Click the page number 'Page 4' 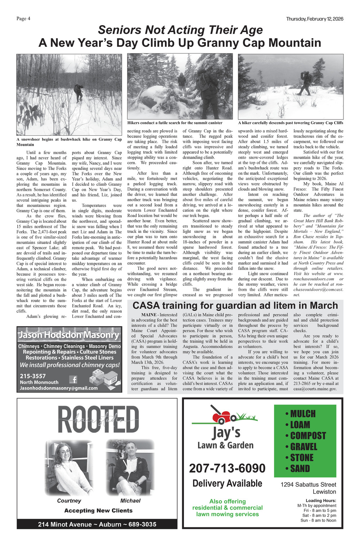tap(23, 19)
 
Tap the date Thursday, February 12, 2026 tap(314, 19)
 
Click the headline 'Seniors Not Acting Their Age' tap(180, 30)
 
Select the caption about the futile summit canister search tap(175, 123)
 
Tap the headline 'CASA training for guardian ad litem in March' tap(235, 306)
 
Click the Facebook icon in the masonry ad tap(73, 379)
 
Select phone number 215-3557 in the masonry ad tap(33, 376)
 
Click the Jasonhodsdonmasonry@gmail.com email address tap(59, 388)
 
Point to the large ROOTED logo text tap(98, 420)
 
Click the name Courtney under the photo tap(69, 501)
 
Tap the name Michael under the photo tap(130, 501)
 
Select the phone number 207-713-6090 tap(227, 468)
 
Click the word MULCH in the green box tap(303, 414)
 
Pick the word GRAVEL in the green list tap(303, 447)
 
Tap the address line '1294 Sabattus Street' tap(308, 484)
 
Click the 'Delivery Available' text tap(227, 483)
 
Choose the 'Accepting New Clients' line tap(98, 510)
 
